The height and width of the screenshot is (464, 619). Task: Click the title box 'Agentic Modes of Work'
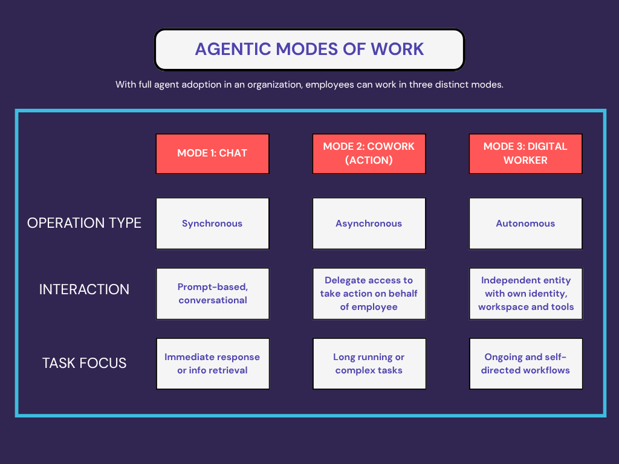click(x=309, y=49)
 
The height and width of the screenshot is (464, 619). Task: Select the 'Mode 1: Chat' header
click(x=212, y=153)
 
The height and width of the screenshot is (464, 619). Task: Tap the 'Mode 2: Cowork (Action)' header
click(x=369, y=153)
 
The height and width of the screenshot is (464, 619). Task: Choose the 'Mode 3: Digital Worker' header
click(x=525, y=153)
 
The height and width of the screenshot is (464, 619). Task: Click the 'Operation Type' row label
click(x=84, y=223)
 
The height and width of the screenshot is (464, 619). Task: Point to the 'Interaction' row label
click(x=84, y=289)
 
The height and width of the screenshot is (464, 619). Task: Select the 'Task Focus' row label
click(x=84, y=363)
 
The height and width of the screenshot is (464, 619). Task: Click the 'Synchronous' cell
click(x=212, y=224)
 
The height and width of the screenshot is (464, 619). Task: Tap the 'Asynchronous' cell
click(x=369, y=224)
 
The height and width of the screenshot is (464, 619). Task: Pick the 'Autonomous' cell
click(x=525, y=224)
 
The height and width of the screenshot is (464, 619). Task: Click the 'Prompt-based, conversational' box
click(x=212, y=294)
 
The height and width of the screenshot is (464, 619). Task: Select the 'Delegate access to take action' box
click(x=369, y=294)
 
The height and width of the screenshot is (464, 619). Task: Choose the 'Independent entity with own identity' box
click(x=525, y=294)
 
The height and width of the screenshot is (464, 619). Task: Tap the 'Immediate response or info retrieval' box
click(x=212, y=364)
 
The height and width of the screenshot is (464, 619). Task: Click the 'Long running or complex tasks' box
click(x=369, y=364)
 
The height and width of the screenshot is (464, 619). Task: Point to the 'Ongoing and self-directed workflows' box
click(x=525, y=364)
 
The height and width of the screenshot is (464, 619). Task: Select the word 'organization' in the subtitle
click(x=273, y=85)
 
